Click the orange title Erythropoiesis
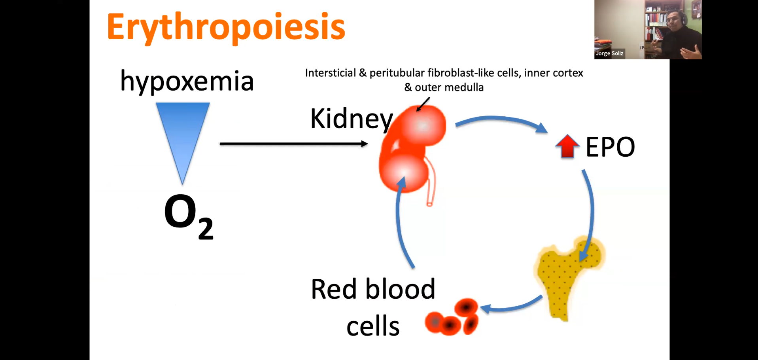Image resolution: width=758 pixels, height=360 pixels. (225, 27)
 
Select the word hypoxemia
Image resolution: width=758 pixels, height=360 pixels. (187, 81)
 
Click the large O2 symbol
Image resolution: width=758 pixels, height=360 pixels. (188, 215)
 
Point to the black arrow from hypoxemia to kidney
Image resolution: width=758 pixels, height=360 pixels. (293, 144)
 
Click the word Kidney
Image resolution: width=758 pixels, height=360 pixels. (351, 118)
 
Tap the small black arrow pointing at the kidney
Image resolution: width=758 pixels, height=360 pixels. (423, 104)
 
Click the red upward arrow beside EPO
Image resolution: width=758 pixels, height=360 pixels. (567, 146)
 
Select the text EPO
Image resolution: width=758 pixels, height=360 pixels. (610, 147)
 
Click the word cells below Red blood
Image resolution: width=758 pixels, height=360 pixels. (373, 327)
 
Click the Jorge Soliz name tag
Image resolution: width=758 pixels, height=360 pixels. (609, 53)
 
